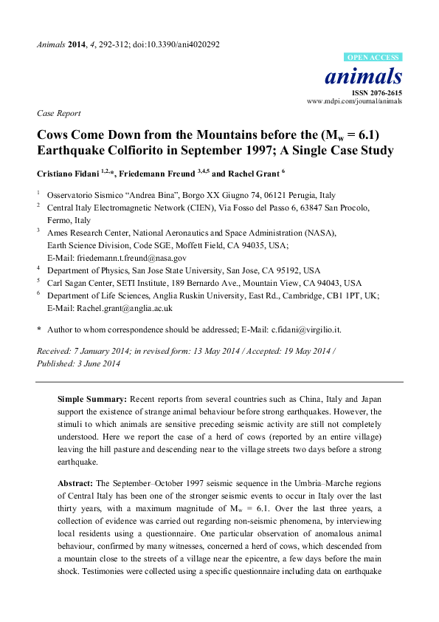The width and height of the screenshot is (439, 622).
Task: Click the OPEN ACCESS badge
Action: coord(373,57)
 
